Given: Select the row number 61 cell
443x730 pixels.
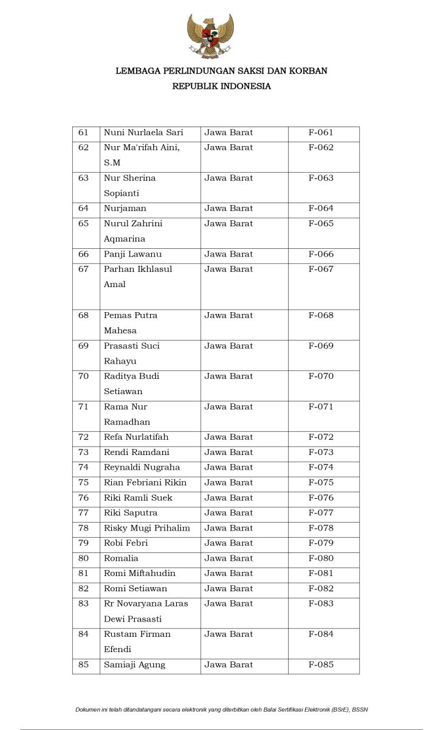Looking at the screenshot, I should [84, 133].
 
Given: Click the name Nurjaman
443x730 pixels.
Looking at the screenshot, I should [125, 209].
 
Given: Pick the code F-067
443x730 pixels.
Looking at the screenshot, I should [321, 269].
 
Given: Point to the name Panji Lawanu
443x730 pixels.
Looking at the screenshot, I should [132, 254].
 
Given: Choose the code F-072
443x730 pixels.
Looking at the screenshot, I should [321, 437].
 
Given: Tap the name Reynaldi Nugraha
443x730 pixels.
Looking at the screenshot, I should [142, 468].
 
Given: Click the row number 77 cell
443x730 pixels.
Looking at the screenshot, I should [84, 513].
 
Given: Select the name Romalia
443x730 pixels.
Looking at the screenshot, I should [122, 558].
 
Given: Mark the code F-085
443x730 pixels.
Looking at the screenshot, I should [321, 665].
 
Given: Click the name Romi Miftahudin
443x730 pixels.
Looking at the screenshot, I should [140, 574].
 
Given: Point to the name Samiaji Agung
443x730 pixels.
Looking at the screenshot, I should [134, 665].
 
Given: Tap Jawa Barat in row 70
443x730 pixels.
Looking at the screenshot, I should [228, 377].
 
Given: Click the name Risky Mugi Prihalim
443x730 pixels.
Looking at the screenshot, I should [147, 528].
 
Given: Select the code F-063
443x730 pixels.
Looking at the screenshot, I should [321, 178].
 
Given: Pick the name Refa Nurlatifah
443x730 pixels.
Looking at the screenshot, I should [136, 437].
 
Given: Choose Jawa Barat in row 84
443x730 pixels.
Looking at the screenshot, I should [228, 634].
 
